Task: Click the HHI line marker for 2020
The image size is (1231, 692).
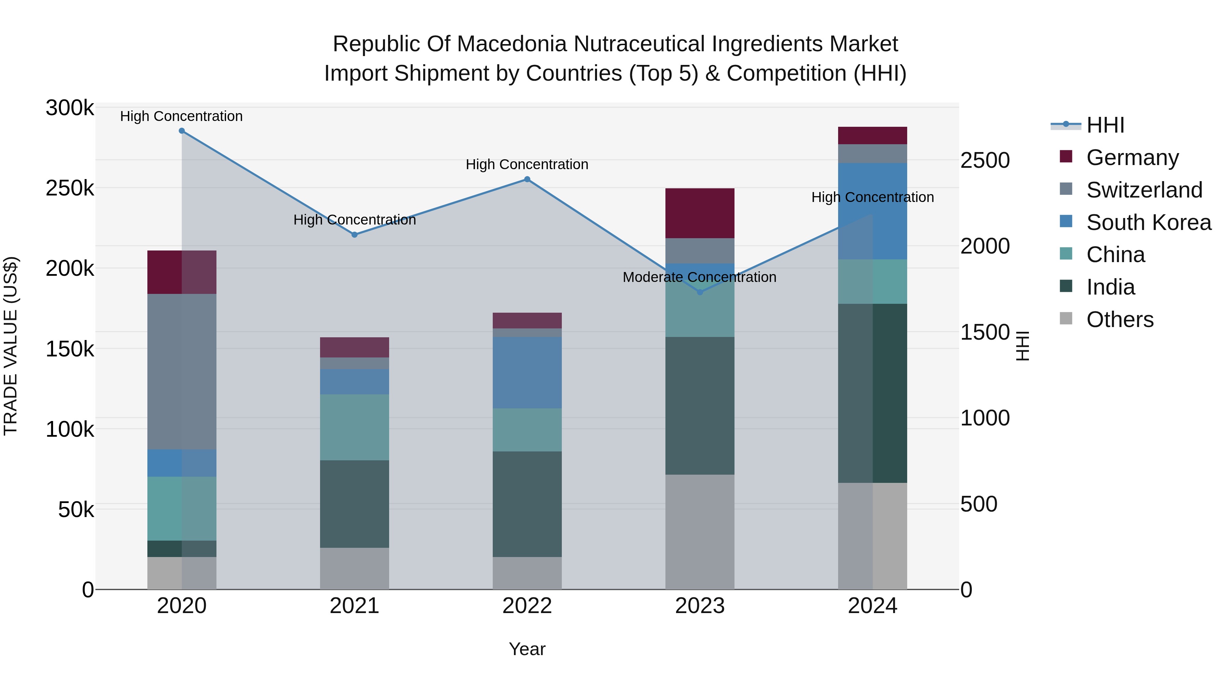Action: [182, 131]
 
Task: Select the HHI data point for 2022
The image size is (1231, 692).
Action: [527, 179]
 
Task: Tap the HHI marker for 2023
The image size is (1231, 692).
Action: [700, 292]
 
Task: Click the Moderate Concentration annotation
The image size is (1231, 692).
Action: [699, 277]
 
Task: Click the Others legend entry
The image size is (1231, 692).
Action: [1119, 320]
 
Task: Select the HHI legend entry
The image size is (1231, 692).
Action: [1104, 125]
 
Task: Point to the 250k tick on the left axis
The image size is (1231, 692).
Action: [70, 189]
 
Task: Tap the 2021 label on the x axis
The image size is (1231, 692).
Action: [354, 606]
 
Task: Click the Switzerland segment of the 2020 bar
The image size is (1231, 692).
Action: [182, 371]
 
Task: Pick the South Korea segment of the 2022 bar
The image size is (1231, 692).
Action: [527, 372]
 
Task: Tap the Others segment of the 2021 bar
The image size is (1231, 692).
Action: [354, 568]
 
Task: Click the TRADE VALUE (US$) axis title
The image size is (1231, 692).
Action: [11, 346]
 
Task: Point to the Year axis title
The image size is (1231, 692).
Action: [527, 649]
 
